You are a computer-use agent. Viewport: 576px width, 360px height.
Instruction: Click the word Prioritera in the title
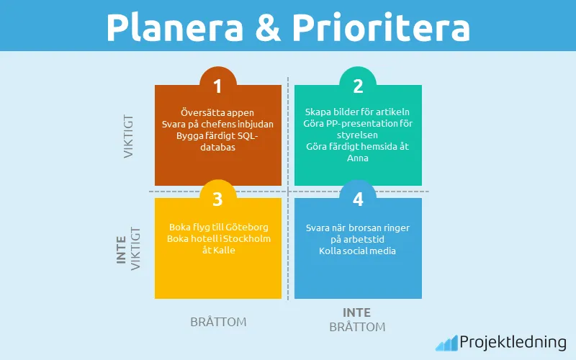pyautogui.click(x=381, y=27)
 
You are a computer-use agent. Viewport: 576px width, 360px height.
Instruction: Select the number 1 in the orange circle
pyautogui.click(x=217, y=86)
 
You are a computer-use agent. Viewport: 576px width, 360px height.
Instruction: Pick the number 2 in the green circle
pyautogui.click(x=357, y=86)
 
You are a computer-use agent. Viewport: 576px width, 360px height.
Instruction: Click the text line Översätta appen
pyautogui.click(x=217, y=112)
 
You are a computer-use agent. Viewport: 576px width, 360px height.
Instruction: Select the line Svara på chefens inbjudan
pyautogui.click(x=217, y=124)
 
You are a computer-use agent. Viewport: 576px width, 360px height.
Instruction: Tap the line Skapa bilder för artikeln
pyautogui.click(x=357, y=112)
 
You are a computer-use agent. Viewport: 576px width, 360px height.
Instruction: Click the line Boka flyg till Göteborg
pyautogui.click(x=217, y=227)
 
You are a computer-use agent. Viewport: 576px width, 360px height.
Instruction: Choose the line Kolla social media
pyautogui.click(x=357, y=251)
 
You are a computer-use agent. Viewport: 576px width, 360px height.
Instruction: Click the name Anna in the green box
pyautogui.click(x=357, y=158)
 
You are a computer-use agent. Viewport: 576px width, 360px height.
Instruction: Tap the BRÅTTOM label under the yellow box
pyautogui.click(x=218, y=322)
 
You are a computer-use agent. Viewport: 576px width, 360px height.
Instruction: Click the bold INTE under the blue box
pyautogui.click(x=357, y=312)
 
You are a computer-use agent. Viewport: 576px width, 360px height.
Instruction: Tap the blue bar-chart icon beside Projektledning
pyautogui.click(x=446, y=343)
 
